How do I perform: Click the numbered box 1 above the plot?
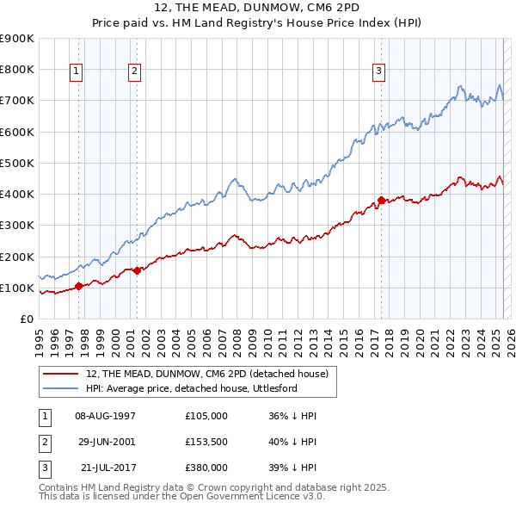pyautogui.click(x=77, y=72)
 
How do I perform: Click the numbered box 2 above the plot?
pyautogui.click(x=135, y=72)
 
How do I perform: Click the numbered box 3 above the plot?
pyautogui.click(x=378, y=72)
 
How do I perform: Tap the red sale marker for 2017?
pyautogui.click(x=381, y=201)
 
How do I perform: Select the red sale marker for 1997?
pyautogui.click(x=78, y=286)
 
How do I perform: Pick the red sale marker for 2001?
pyautogui.click(x=138, y=270)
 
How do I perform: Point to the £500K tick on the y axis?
pyautogui.click(x=18, y=163)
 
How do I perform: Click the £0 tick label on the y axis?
pyautogui.click(x=26, y=319)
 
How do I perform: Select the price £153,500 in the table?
pyautogui.click(x=206, y=441)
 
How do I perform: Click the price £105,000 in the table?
pyautogui.click(x=206, y=415)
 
